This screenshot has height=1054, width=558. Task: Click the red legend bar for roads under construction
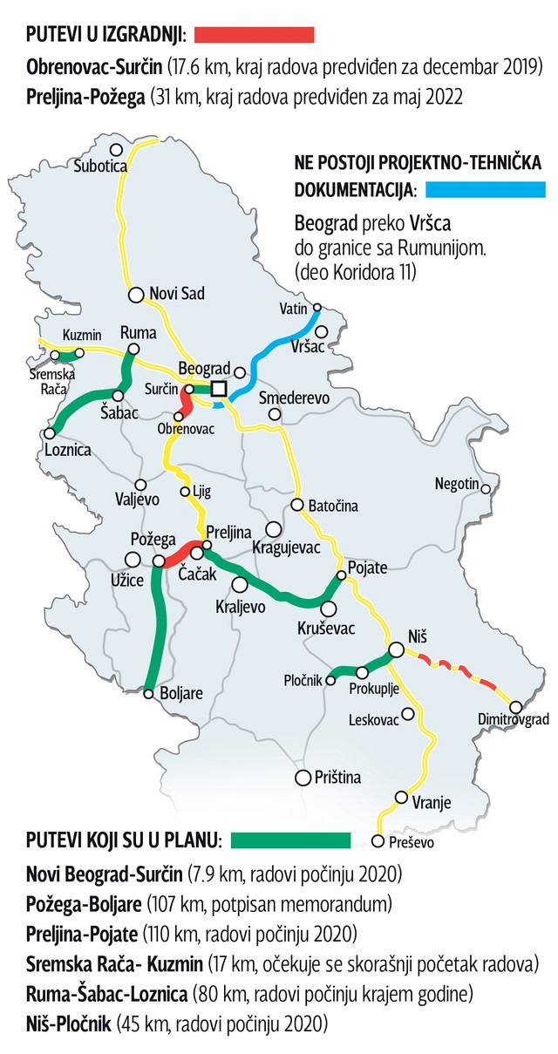[254, 35]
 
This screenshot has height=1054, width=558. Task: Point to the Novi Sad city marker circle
[136, 295]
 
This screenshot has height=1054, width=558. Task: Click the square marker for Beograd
[219, 389]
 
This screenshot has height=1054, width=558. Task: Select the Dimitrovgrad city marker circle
[515, 707]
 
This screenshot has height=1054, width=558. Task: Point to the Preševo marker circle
[378, 841]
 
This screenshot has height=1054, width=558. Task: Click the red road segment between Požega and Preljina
[178, 555]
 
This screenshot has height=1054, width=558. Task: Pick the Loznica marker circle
[51, 432]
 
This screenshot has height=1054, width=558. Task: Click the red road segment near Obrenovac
[186, 404]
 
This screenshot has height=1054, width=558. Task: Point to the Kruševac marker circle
[329, 609]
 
